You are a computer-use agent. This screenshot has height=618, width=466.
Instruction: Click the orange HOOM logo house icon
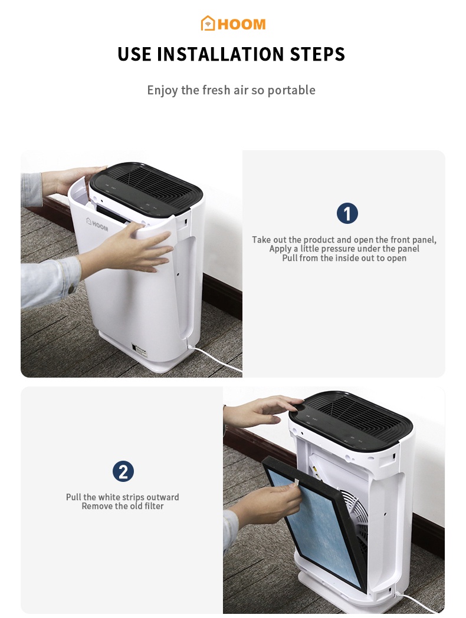pos(208,24)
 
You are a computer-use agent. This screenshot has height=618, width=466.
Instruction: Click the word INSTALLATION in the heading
pos(221,54)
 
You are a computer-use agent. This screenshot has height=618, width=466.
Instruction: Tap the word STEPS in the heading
pos(317,54)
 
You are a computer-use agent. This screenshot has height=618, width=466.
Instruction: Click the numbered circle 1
pos(347,213)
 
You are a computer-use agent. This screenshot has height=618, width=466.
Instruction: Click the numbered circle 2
pos(123,471)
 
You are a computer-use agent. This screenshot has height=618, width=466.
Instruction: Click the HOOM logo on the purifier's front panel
pos(97,224)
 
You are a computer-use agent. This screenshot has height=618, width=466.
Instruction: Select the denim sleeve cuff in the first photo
pos(65,281)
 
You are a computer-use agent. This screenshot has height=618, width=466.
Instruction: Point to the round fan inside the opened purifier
pos(357,518)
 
